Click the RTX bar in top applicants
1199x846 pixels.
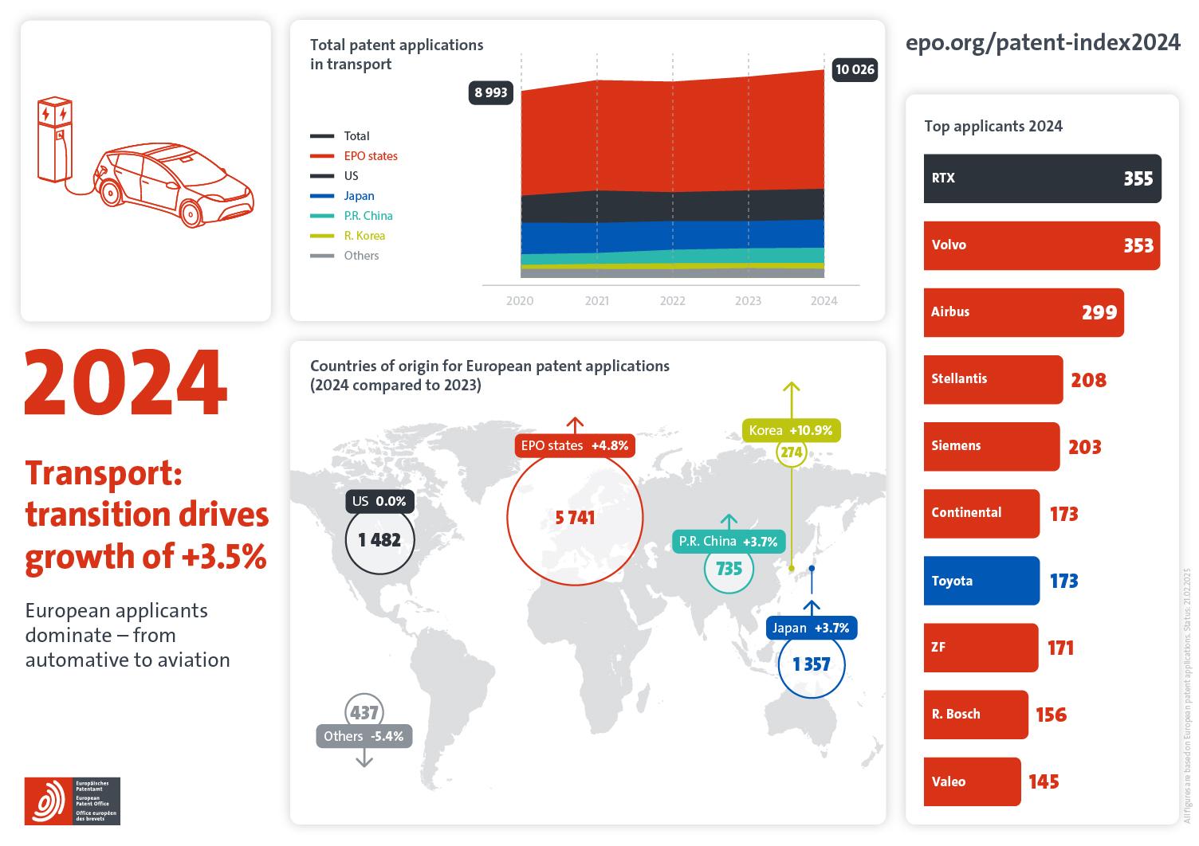[1041, 178]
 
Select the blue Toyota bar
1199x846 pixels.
[981, 581]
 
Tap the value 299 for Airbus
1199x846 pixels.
[1099, 313]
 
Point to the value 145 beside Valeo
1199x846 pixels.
[1044, 782]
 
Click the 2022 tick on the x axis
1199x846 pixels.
[672, 301]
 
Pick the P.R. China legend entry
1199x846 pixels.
[368, 216]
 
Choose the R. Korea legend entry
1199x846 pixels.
[364, 236]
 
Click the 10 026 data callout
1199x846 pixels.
[854, 70]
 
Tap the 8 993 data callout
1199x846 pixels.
[491, 92]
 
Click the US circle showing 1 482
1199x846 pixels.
[379, 540]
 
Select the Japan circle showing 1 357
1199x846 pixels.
[811, 664]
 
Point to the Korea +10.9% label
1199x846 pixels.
[790, 431]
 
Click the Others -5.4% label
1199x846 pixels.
[364, 737]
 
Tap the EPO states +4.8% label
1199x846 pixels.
[574, 446]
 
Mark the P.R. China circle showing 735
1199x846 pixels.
[729, 569]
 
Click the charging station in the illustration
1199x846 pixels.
[54, 139]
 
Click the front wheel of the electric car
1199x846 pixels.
[191, 212]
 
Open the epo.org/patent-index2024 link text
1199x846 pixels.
[1042, 42]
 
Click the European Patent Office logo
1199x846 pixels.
[72, 801]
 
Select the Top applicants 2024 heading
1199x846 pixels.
[993, 127]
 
